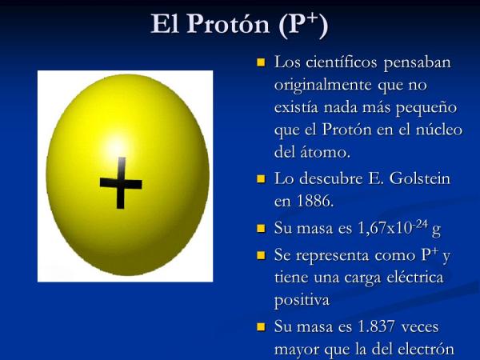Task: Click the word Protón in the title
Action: pyautogui.click(x=228, y=23)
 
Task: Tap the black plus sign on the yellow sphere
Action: pyautogui.click(x=121, y=183)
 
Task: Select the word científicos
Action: pyautogui.click(x=342, y=62)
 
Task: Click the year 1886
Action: pyautogui.click(x=314, y=201)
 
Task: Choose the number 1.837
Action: pyautogui.click(x=376, y=326)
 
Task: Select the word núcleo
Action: pyautogui.click(x=439, y=130)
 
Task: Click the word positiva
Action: pyautogui.click(x=302, y=300)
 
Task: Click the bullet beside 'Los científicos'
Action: pyautogui.click(x=261, y=62)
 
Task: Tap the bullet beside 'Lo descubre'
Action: pyautogui.click(x=261, y=178)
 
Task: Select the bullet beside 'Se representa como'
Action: pyautogui.click(x=261, y=255)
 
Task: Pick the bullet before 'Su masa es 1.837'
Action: pyautogui.click(x=261, y=326)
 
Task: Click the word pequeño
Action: pyautogui.click(x=426, y=108)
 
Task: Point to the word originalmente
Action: pyautogui.click(x=323, y=86)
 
